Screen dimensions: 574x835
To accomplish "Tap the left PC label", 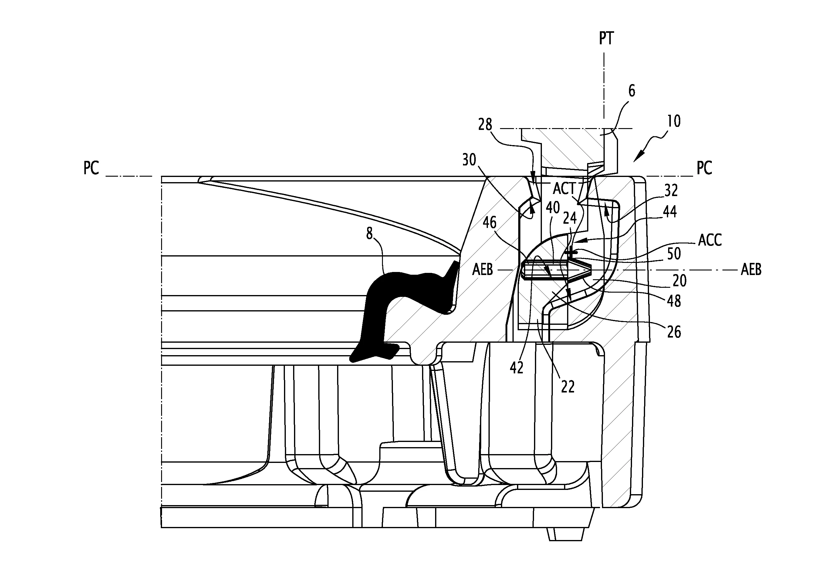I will coord(91,168).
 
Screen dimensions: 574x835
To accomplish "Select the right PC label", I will coord(704,168).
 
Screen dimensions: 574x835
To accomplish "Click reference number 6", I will coord(631,91).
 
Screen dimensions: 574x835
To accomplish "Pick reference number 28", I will coord(485,125).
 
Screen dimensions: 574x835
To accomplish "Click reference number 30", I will coord(469,160).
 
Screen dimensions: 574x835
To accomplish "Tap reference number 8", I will coord(369,234).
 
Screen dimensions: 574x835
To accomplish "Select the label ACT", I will coord(564,189).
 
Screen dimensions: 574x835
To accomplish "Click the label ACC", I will coord(710,240).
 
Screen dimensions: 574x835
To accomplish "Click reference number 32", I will coord(671,191).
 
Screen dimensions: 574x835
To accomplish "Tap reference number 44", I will coord(670,212).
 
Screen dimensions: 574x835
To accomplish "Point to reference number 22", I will coord(568,387).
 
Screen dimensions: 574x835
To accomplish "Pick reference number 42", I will coord(516,368).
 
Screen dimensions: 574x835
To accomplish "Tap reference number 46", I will coord(490,223).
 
